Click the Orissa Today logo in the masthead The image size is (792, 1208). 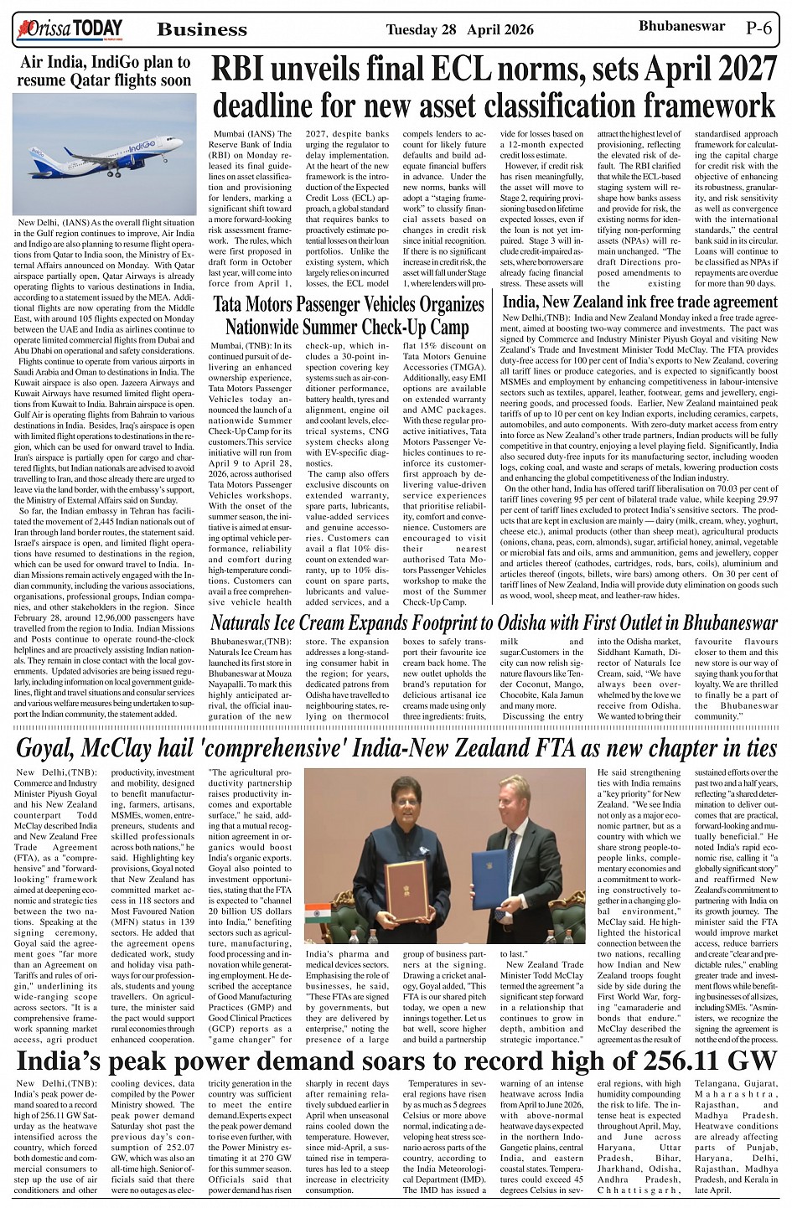point(68,29)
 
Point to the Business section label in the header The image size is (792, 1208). point(202,30)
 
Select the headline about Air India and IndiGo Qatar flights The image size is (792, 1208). point(105,71)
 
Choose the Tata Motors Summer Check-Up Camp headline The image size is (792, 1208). point(347,314)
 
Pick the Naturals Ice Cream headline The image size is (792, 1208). point(494,622)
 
